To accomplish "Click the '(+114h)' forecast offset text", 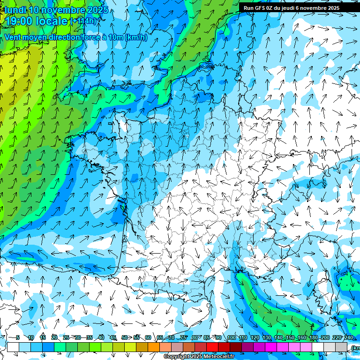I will (x=83, y=21).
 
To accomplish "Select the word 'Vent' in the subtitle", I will (x=14, y=37).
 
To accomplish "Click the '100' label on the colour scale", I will (x=231, y=338).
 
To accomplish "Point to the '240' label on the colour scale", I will (x=349, y=338).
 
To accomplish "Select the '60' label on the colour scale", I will (x=148, y=338).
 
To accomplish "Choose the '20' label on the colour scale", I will (x=54, y=338).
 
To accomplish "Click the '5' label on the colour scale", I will (x=18, y=338).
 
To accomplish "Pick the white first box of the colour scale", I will (x=13, y=347).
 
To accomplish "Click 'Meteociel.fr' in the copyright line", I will (x=219, y=357).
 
